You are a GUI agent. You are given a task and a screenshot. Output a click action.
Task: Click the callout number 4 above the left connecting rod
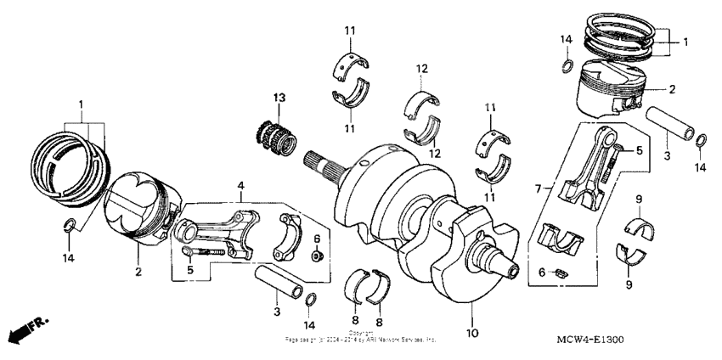click(x=240, y=184)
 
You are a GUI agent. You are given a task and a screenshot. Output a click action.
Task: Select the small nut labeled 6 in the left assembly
click(x=315, y=255)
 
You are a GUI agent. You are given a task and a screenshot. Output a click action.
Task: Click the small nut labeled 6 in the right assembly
click(x=561, y=273)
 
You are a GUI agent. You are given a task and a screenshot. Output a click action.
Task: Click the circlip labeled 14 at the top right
click(x=566, y=67)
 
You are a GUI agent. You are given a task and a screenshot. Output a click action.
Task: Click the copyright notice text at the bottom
click(x=361, y=336)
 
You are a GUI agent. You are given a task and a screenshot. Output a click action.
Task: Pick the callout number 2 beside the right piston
click(x=670, y=88)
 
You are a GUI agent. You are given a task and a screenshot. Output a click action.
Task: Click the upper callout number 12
click(x=421, y=68)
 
